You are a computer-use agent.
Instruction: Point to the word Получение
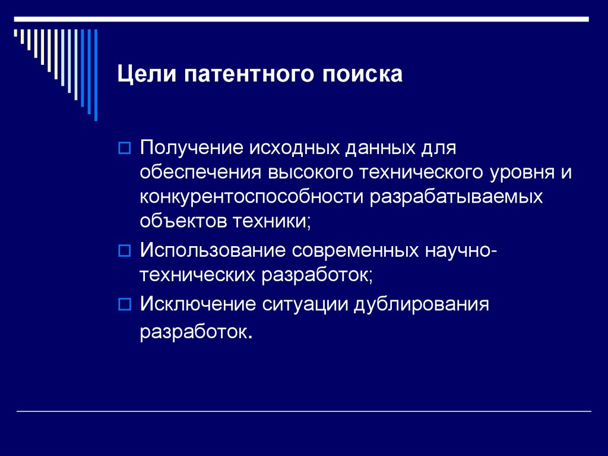click(190, 147)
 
